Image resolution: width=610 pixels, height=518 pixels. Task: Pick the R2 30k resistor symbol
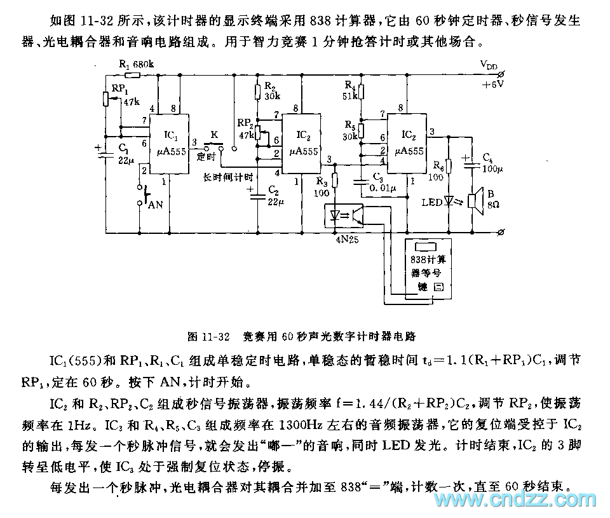tap(257, 92)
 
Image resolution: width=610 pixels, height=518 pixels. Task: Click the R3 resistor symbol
tap(336, 181)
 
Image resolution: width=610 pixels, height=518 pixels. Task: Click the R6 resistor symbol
tap(449, 167)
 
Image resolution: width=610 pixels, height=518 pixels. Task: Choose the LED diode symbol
tap(449, 201)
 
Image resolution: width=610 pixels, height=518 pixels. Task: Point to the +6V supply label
tap(492, 84)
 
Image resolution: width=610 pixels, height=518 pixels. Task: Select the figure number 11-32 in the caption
tap(214, 334)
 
